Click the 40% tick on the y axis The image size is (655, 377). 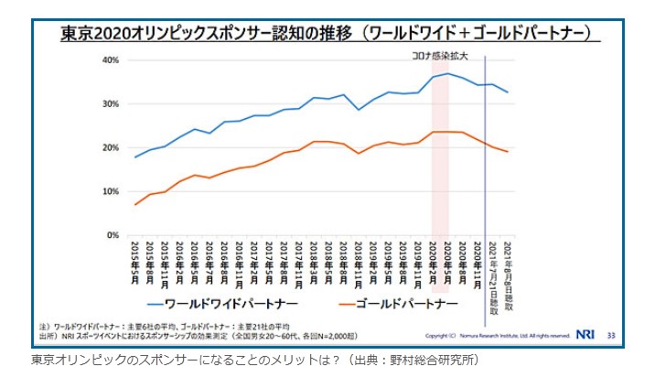(x=110, y=60)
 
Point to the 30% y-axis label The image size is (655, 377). (x=110, y=104)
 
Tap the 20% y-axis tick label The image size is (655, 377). (x=110, y=148)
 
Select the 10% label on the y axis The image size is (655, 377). (x=110, y=192)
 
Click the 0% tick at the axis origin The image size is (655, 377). (x=113, y=235)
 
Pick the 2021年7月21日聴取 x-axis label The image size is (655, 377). (x=492, y=271)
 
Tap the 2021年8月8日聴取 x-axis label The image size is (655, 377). (x=508, y=269)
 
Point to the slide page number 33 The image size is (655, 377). (x=610, y=335)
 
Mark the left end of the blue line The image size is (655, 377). (x=136, y=157)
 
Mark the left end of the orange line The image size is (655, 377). (x=136, y=204)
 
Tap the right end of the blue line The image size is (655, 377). (x=508, y=92)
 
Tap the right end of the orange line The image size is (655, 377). (x=508, y=152)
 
